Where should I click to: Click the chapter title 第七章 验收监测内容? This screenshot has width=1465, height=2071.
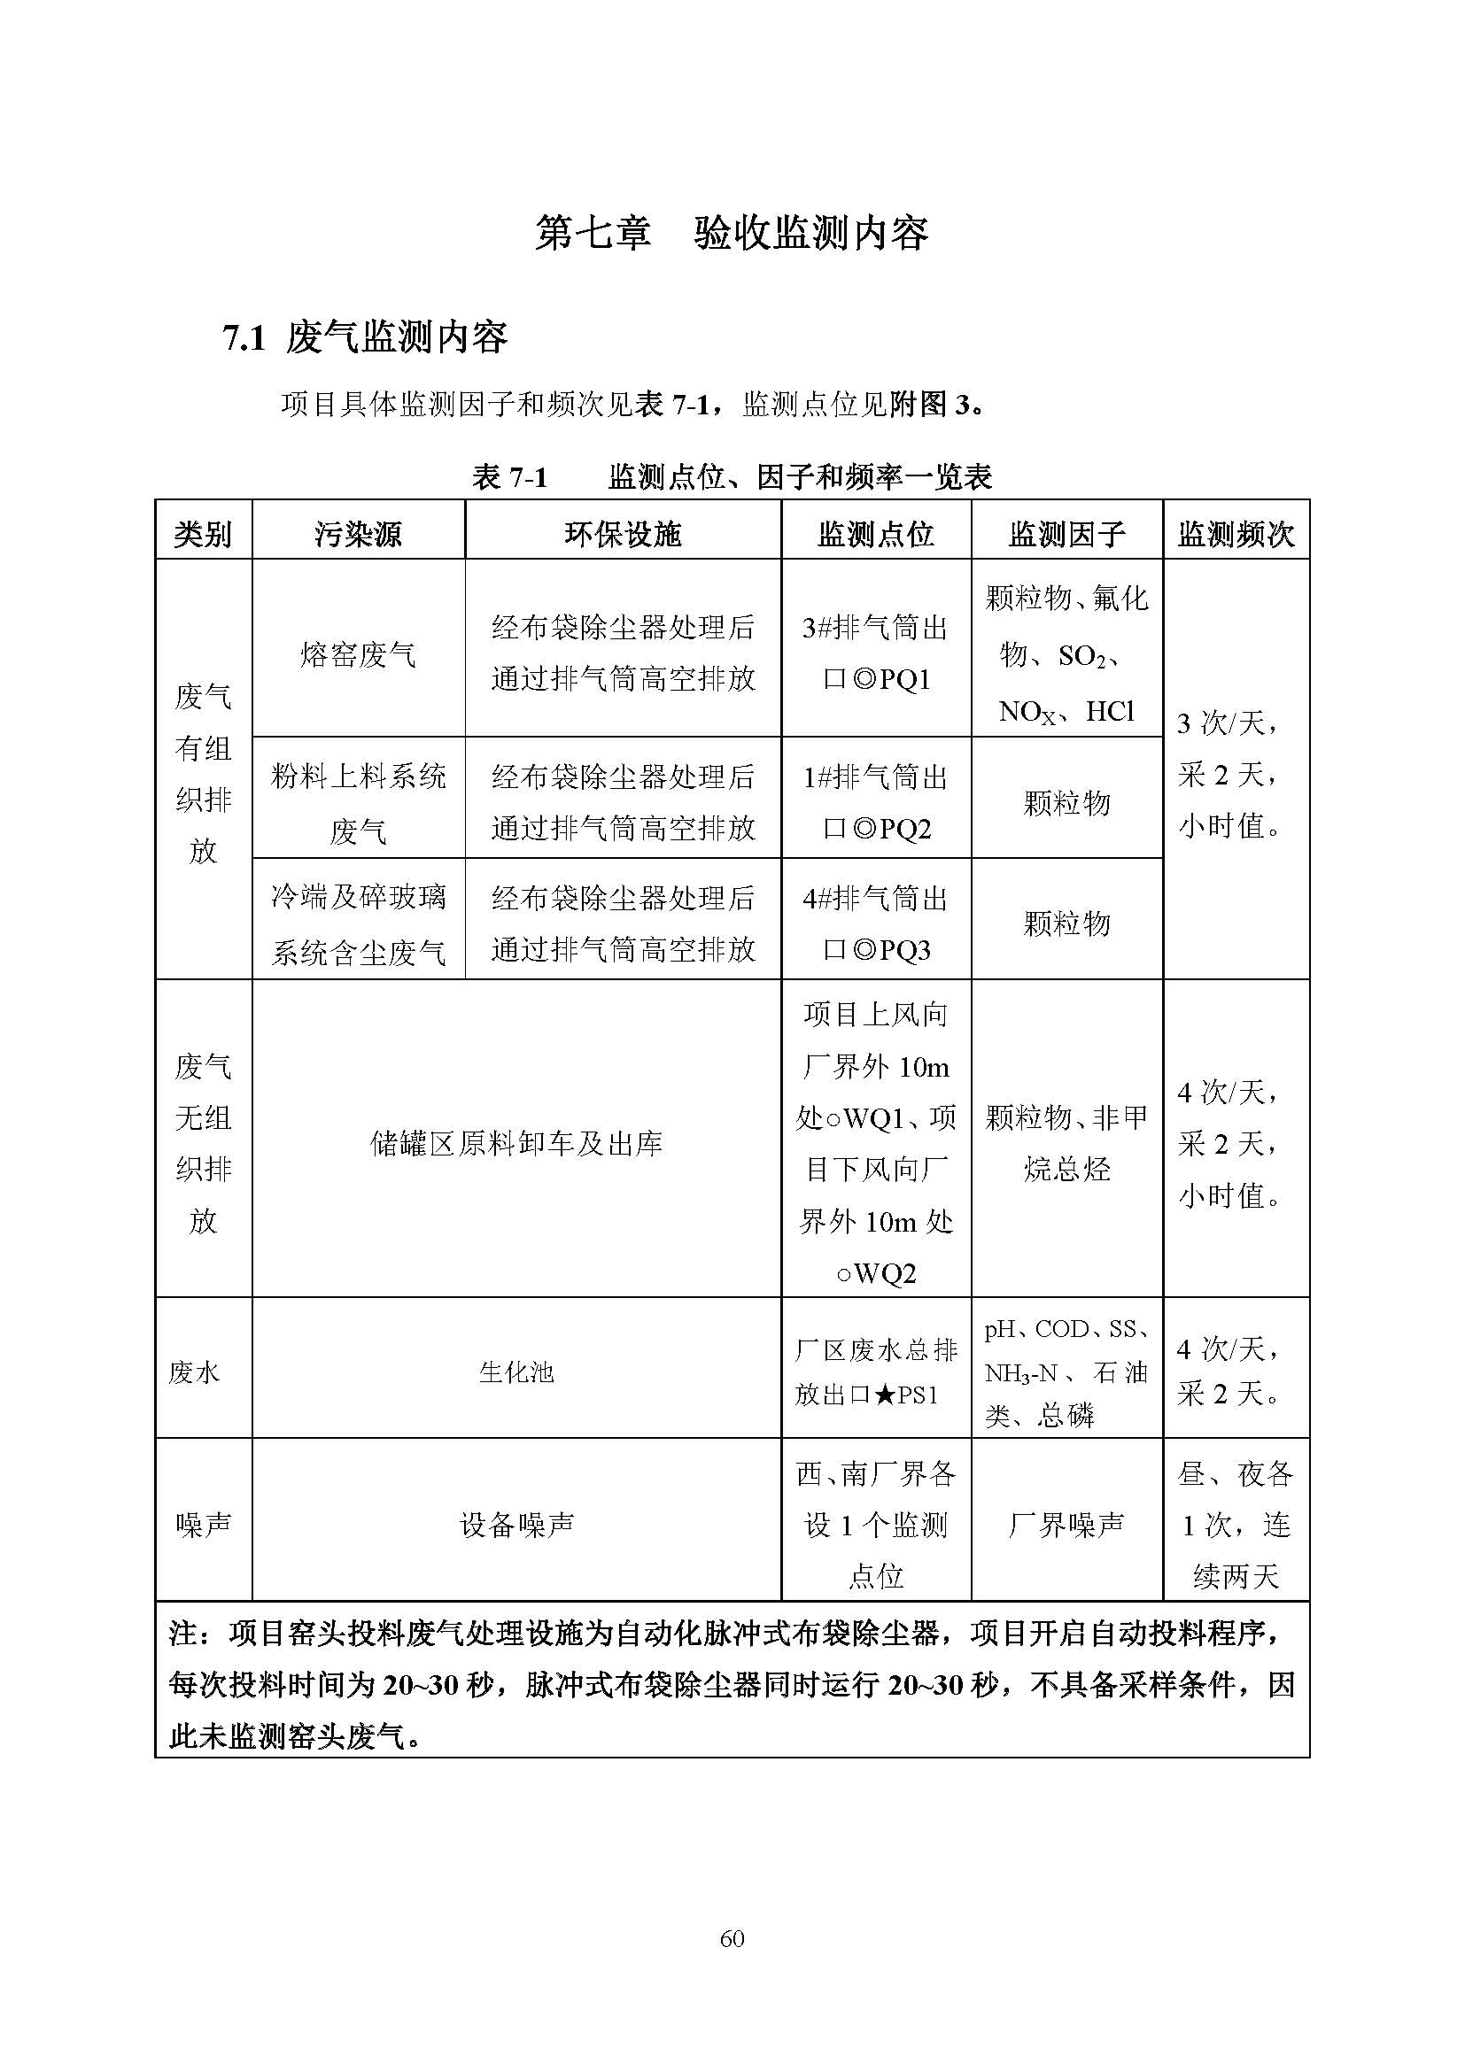(x=732, y=234)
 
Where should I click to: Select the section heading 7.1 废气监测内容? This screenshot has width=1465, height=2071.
(x=365, y=338)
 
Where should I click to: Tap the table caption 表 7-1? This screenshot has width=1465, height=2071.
(x=509, y=476)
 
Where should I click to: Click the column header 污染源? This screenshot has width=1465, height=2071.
(x=358, y=534)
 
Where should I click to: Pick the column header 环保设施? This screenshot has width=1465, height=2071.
(x=623, y=534)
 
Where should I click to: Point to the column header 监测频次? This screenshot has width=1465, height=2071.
(x=1235, y=534)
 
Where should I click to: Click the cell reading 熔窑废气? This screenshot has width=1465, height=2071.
(x=358, y=654)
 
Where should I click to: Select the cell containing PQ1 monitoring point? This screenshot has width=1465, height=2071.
(x=875, y=653)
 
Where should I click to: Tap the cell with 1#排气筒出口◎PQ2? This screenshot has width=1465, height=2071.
(x=875, y=802)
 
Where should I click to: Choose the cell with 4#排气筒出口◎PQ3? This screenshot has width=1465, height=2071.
(x=875, y=923)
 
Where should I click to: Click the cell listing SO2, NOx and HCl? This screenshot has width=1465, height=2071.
(x=1066, y=654)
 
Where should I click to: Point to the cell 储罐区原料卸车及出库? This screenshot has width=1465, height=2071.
(x=516, y=1144)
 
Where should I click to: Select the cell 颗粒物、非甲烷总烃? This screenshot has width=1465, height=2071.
(x=1066, y=1144)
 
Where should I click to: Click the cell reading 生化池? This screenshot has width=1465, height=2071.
(x=516, y=1372)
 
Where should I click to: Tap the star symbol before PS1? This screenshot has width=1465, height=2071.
(x=885, y=1395)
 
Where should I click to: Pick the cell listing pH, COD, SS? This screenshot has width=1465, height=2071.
(x=1066, y=1372)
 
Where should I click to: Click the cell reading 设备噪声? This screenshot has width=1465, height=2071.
(x=516, y=1525)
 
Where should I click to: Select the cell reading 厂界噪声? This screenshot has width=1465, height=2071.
(x=1066, y=1525)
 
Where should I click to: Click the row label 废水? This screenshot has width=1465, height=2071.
(x=194, y=1372)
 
